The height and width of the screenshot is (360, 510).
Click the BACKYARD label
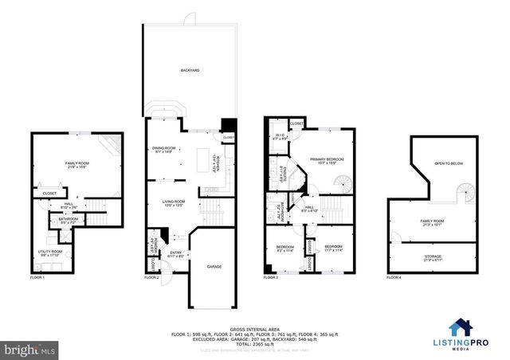tap(189, 71)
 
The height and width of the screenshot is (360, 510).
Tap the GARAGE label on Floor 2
tap(215, 267)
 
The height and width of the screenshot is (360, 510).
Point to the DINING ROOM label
tap(163, 150)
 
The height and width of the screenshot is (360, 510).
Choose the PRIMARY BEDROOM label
tap(324, 159)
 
